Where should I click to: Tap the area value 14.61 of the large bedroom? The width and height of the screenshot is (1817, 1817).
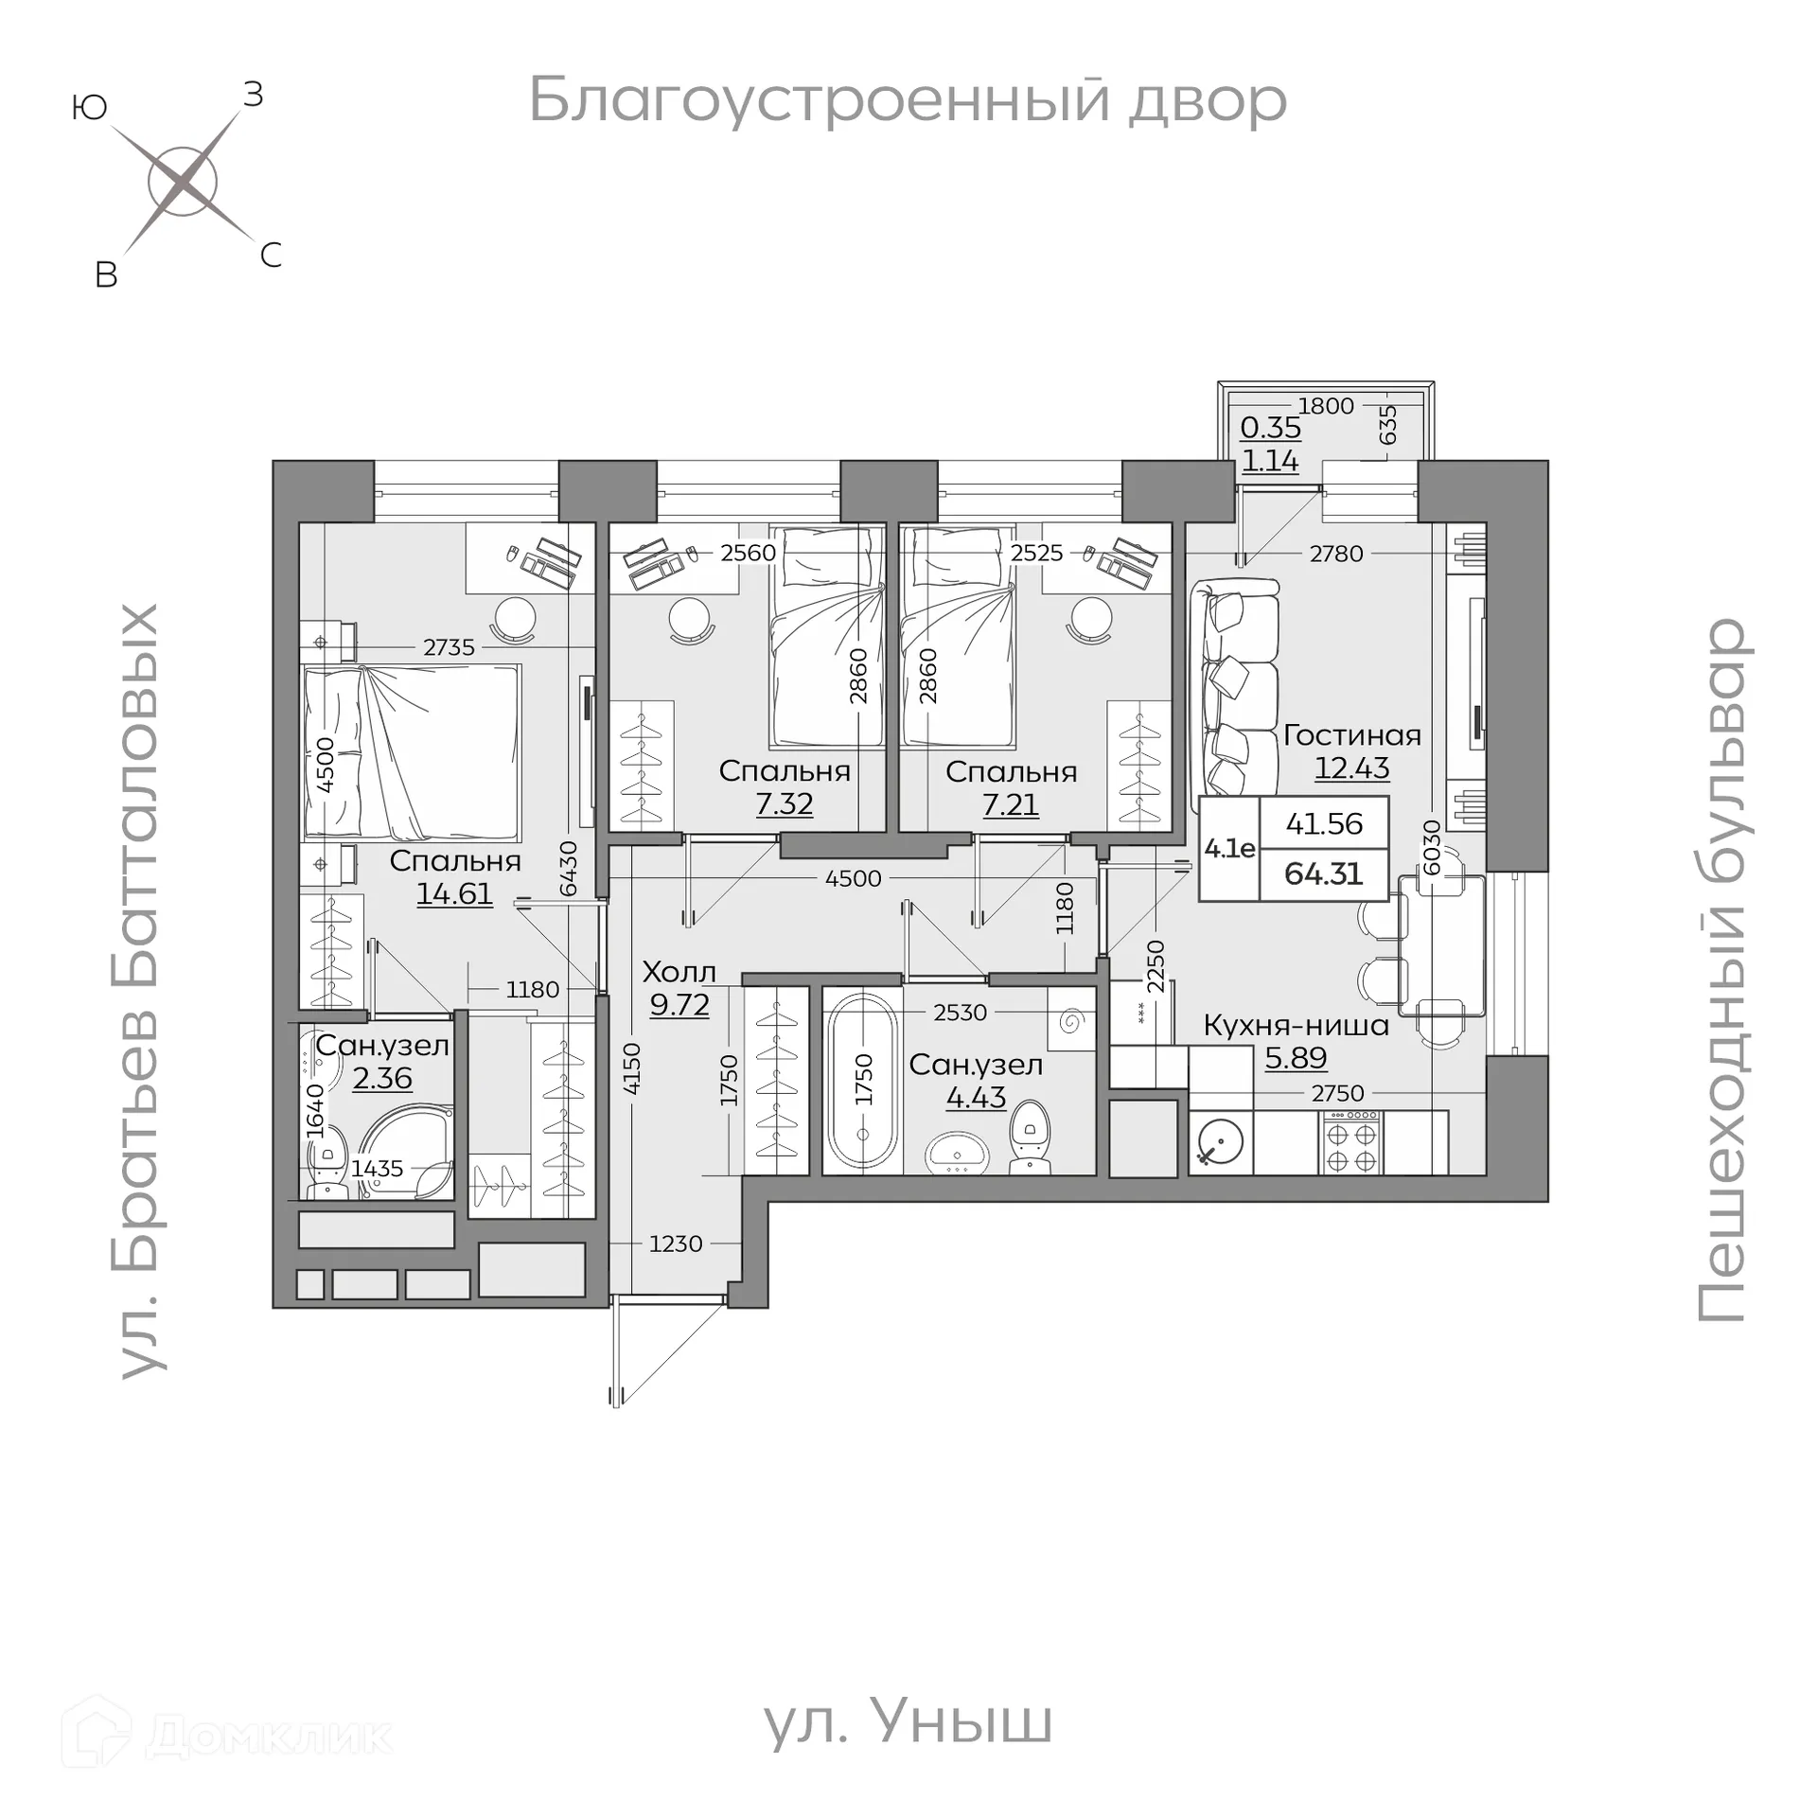tap(454, 893)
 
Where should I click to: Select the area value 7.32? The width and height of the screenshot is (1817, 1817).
tap(784, 804)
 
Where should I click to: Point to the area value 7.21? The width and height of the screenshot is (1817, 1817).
tap(1010, 804)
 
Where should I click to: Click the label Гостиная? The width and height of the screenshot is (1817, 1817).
tap(1351, 735)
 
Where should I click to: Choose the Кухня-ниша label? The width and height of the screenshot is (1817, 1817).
tap(1296, 1025)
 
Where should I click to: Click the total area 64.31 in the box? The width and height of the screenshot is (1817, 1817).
tap(1323, 873)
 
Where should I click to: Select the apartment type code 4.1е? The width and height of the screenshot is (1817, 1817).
tap(1229, 849)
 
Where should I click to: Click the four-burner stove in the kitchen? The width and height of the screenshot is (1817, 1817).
tap(1351, 1142)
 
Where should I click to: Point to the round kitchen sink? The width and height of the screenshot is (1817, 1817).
tap(1220, 1142)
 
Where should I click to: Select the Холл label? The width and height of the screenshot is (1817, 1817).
tap(679, 972)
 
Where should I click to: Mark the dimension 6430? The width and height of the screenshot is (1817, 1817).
tap(568, 868)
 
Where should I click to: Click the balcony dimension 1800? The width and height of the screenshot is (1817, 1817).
tap(1326, 406)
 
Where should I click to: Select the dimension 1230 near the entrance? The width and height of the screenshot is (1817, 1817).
tap(675, 1244)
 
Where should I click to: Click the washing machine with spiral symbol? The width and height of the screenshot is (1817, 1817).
tap(1071, 1020)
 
